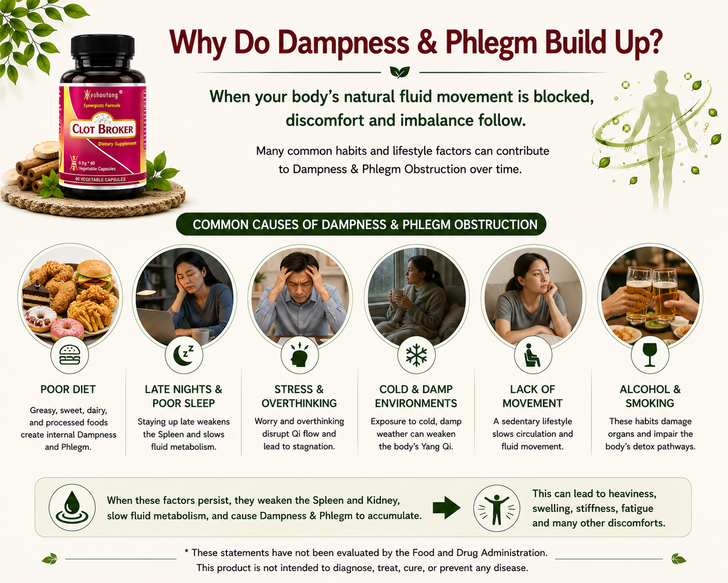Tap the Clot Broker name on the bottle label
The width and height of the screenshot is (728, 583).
click(103, 129)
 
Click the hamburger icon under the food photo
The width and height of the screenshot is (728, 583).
click(70, 355)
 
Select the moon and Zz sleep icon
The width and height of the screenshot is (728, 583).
click(184, 355)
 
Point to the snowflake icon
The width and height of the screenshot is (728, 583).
click(416, 355)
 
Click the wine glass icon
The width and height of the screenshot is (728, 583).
click(650, 355)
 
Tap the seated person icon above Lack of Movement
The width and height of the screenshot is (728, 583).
click(532, 355)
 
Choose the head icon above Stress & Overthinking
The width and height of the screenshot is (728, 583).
click(300, 354)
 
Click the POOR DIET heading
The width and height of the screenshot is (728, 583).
click(68, 389)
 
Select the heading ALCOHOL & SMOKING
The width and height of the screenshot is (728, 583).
click(650, 396)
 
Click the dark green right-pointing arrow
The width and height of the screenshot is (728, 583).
click(447, 508)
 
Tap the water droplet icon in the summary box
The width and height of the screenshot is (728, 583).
click(72, 507)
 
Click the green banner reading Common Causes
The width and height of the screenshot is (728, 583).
click(361, 224)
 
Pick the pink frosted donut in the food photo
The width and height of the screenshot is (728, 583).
click(68, 328)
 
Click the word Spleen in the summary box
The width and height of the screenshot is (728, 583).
click(328, 500)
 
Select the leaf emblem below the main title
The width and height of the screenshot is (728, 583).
click(399, 72)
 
